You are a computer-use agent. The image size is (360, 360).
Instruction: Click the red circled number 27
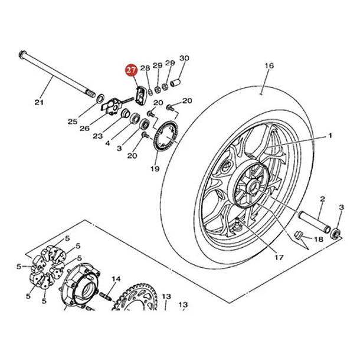129,71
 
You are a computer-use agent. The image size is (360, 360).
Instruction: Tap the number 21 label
39,103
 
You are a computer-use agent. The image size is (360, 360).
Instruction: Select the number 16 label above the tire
269,66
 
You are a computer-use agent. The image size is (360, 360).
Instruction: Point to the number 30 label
184,58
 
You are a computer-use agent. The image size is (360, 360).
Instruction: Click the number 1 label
330,135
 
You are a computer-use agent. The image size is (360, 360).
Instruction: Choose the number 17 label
278,257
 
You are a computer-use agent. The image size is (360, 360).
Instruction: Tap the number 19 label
155,169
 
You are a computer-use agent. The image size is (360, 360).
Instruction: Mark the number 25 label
72,122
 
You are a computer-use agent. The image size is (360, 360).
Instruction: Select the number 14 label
116,279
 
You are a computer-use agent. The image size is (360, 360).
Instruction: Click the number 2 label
323,199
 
